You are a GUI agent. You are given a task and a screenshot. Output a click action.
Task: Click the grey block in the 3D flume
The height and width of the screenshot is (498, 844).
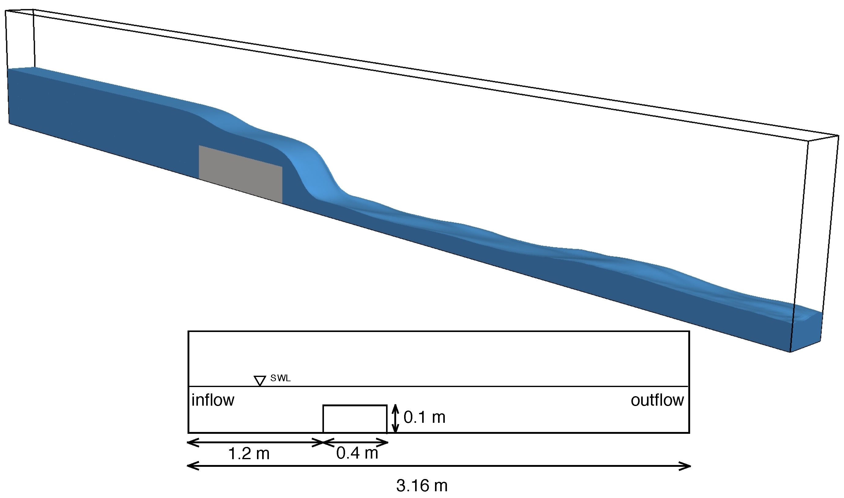[x=240, y=174]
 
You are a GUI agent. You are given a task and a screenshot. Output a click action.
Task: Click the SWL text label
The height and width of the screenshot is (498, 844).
[x=280, y=378]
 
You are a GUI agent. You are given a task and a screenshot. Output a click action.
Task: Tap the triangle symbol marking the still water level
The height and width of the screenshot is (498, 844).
[x=260, y=381]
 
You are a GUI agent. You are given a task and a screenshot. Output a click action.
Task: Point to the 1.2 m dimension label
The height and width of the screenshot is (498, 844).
[x=249, y=454]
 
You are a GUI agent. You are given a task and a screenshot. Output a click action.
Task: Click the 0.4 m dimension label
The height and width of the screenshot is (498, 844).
[x=357, y=453]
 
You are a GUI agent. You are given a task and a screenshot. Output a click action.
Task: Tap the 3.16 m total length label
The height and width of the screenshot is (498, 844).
[x=422, y=485]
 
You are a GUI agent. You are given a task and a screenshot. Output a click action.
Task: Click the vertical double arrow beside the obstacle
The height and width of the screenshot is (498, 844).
[x=396, y=418]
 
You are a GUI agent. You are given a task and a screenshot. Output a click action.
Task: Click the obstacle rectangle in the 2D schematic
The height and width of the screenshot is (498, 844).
[x=355, y=419]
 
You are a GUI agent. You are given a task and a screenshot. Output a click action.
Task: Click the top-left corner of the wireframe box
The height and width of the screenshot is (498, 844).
[x=6, y=11]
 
